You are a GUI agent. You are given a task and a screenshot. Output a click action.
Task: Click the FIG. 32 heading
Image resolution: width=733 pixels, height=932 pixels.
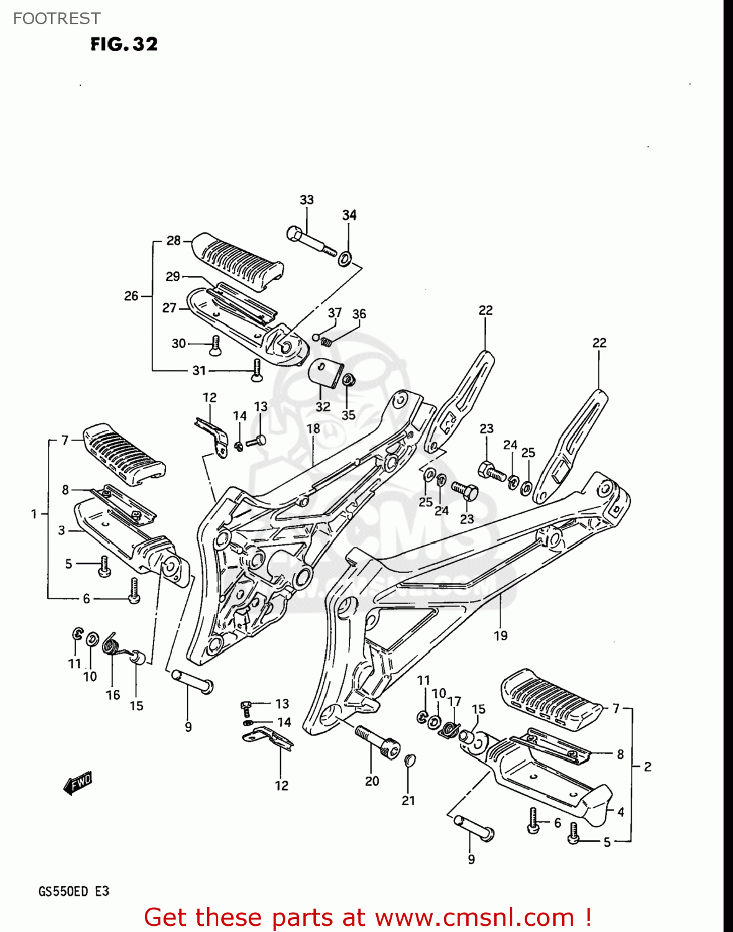click(x=124, y=44)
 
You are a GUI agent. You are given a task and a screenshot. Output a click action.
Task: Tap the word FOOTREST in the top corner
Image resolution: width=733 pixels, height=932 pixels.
click(x=57, y=19)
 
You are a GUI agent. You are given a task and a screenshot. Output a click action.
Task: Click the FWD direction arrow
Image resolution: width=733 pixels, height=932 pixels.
click(x=78, y=784)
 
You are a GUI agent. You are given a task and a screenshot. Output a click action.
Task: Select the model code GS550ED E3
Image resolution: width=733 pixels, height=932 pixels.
click(x=74, y=891)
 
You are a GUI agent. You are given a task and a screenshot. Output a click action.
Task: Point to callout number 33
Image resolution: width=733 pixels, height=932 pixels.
click(x=307, y=200)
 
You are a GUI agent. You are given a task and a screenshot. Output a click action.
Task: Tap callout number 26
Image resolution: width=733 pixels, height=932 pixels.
click(x=131, y=296)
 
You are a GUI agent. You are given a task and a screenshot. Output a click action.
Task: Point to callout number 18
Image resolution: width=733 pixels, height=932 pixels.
click(x=313, y=429)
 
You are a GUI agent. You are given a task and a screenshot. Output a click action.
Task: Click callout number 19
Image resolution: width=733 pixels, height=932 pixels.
click(x=500, y=636)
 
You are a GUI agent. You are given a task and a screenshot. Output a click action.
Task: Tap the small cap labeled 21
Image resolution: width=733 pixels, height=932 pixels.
click(x=409, y=761)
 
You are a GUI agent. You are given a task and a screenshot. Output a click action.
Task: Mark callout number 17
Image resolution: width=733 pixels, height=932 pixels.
click(x=454, y=701)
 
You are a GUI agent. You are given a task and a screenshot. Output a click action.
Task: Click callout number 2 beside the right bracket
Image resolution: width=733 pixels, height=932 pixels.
click(x=647, y=767)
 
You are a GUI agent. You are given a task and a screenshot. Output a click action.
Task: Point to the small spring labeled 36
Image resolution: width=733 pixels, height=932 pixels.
click(x=326, y=341)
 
